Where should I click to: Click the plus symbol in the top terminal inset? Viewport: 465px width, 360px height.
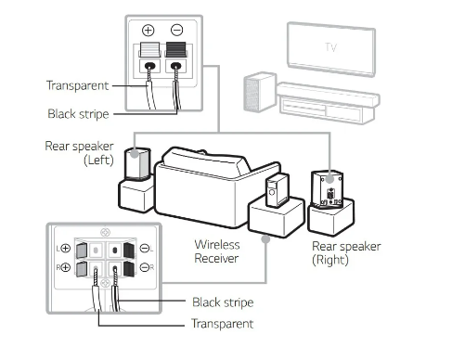(x=148, y=31)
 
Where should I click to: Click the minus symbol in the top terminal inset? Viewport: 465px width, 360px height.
(x=176, y=31)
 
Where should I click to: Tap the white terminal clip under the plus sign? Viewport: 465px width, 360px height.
(x=150, y=49)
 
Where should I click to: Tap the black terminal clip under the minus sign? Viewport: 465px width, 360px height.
(x=176, y=49)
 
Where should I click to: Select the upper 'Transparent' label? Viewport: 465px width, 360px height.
(x=77, y=85)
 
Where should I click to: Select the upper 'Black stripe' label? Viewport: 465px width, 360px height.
(x=78, y=114)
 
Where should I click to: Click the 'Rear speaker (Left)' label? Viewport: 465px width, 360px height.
(x=79, y=153)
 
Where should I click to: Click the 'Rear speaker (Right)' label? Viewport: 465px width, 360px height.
(x=346, y=253)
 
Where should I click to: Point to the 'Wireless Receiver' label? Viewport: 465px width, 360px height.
(x=217, y=251)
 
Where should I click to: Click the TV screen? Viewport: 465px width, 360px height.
(x=331, y=48)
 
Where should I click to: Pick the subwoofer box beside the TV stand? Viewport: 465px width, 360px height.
(x=260, y=92)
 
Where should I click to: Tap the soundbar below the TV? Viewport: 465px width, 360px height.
(x=328, y=95)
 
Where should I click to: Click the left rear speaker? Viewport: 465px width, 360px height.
(x=137, y=163)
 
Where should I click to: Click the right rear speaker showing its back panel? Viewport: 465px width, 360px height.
(x=328, y=189)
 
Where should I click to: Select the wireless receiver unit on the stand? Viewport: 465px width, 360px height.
(x=278, y=190)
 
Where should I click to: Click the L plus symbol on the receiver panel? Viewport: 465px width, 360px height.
(x=66, y=248)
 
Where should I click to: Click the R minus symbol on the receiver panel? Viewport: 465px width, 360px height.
(x=145, y=267)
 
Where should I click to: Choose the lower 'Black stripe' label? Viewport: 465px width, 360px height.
(x=223, y=302)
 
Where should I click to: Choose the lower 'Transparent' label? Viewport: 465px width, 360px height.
(x=223, y=324)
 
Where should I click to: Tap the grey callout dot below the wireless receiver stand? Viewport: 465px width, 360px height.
(x=265, y=239)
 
